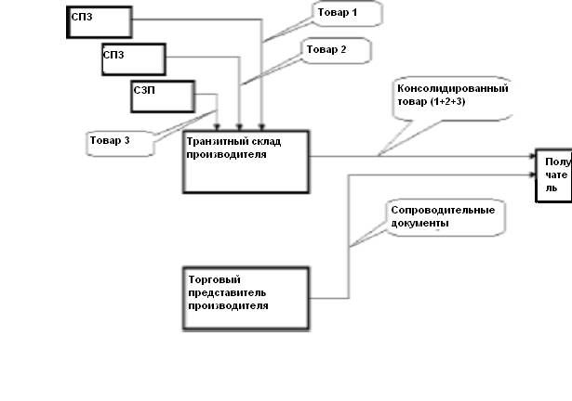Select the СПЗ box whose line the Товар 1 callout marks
97,23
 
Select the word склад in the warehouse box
264,142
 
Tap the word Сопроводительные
442,210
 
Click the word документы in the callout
420,223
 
